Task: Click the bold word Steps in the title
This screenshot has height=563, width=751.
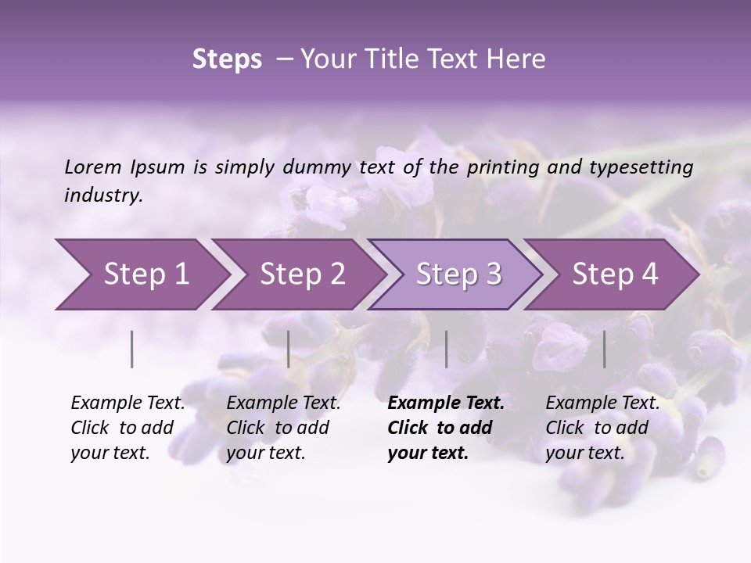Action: (227, 59)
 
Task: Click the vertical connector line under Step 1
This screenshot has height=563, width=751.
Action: (132, 349)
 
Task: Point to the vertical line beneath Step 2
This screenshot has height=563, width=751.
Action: (289, 349)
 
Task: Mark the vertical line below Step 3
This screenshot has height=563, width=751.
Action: (447, 349)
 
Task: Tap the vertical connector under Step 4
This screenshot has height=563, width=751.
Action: (605, 349)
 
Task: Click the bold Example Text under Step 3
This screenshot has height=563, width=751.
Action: (445, 428)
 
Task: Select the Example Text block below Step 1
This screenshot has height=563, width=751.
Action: (128, 428)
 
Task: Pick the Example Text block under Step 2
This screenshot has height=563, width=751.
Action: (283, 428)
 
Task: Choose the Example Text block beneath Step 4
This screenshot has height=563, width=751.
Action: (602, 428)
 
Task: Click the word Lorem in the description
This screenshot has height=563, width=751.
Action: (93, 167)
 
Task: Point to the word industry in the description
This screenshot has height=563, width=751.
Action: (103, 195)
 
